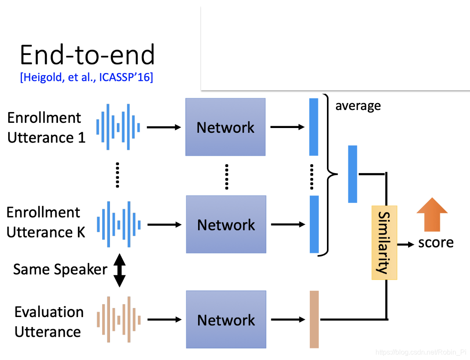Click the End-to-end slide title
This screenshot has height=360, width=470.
click(x=87, y=55)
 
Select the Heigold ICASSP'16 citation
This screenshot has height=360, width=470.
click(x=86, y=77)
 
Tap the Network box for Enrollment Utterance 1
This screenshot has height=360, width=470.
click(x=225, y=127)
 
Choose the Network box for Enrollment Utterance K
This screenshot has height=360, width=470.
click(x=226, y=224)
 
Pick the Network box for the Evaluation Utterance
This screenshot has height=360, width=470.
click(x=226, y=320)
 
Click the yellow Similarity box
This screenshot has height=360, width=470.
click(x=384, y=243)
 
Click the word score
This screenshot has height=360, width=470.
click(x=436, y=243)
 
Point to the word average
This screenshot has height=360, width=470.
click(x=358, y=106)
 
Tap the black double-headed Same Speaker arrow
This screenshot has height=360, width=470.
click(x=119, y=270)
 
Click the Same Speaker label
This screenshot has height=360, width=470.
click(x=60, y=270)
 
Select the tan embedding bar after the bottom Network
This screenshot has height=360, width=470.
click(x=314, y=319)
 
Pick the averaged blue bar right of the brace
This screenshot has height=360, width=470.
click(x=352, y=174)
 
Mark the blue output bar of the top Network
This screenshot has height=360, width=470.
click(x=314, y=127)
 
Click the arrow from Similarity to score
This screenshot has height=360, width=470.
click(x=406, y=244)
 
